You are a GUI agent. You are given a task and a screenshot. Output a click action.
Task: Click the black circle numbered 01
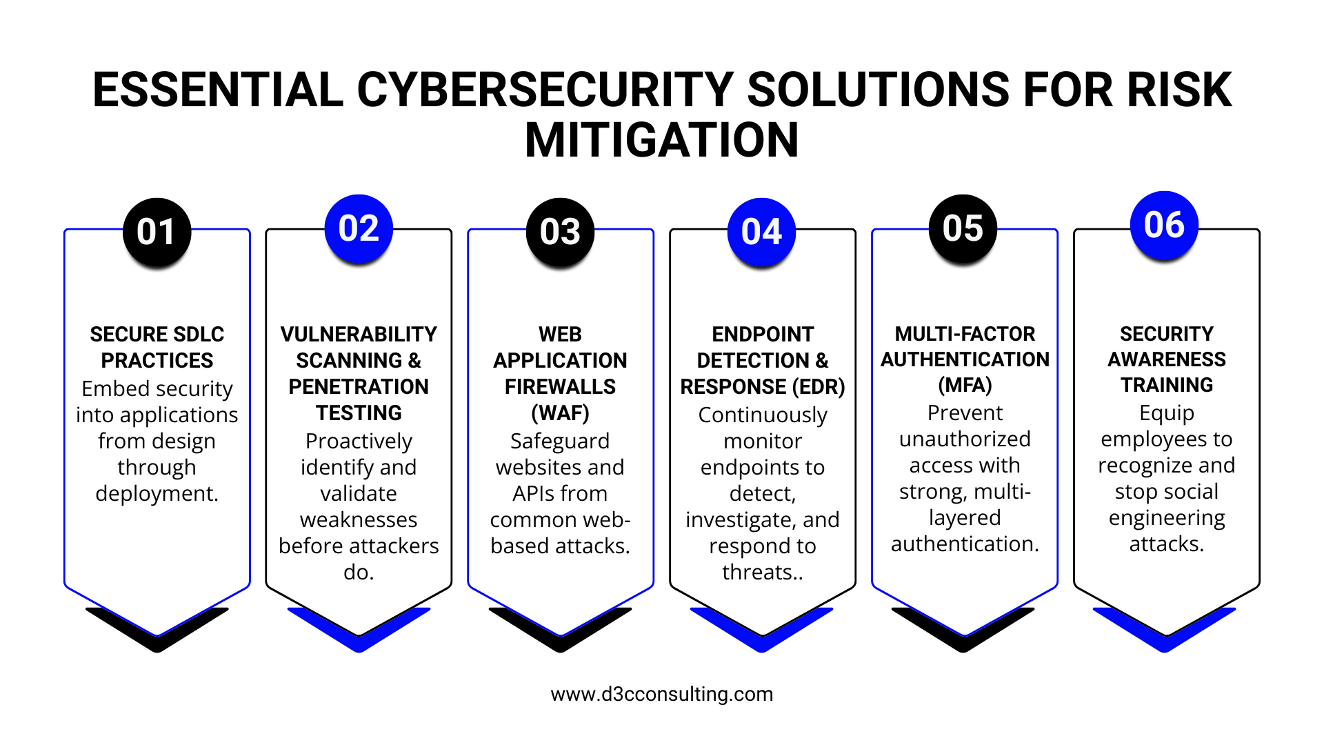[157, 232]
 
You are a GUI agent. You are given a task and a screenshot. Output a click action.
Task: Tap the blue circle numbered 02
[359, 228]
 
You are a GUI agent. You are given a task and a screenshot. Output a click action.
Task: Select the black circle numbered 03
[561, 232]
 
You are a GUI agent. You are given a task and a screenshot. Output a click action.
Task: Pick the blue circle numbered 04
[762, 232]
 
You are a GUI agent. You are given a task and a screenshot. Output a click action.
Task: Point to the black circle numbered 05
[963, 228]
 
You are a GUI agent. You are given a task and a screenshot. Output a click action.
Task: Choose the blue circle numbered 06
[1165, 225]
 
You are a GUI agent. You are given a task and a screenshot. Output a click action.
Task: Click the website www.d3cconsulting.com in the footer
[662, 694]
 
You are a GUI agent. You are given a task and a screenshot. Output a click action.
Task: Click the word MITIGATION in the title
[662, 140]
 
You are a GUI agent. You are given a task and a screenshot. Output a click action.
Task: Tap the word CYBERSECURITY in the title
[545, 90]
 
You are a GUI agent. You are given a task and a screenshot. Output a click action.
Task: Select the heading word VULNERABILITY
[359, 335]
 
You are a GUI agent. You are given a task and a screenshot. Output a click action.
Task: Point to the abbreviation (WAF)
[560, 413]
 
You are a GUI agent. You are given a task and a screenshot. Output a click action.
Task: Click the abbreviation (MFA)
[965, 385]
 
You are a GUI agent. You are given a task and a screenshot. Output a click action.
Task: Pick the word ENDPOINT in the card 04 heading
[763, 335]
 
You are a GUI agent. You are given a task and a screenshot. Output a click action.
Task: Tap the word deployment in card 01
[157, 494]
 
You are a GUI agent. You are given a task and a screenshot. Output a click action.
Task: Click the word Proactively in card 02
[359, 441]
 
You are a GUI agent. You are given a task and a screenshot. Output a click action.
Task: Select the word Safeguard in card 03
[560, 441]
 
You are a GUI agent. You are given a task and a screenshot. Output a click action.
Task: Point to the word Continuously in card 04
[763, 415]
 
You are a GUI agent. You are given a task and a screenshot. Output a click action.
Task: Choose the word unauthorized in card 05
[965, 439]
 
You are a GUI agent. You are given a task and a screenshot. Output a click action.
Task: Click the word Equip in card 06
[1167, 413]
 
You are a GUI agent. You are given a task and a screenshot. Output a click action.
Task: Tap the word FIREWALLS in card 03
[560, 387]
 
